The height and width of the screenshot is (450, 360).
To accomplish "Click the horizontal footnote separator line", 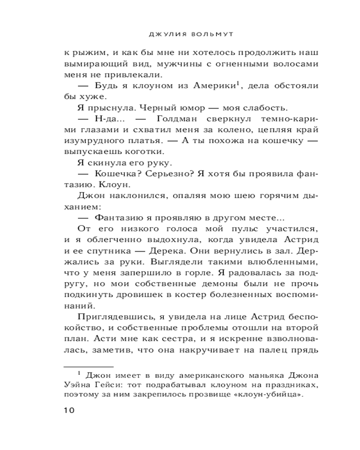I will [x=88, y=366].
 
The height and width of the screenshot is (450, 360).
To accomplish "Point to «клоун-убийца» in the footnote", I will [x=275, y=396].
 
